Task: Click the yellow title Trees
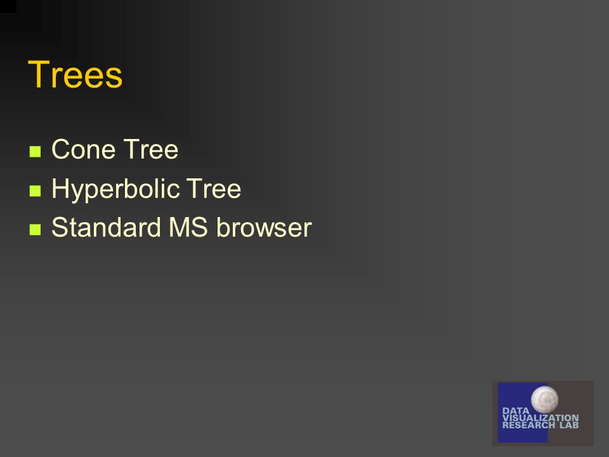(75, 74)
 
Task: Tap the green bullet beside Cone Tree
(35, 151)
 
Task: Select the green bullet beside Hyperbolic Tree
(35, 190)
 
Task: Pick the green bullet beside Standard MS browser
(35, 229)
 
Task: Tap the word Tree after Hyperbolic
(214, 189)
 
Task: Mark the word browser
(264, 227)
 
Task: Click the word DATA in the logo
(516, 411)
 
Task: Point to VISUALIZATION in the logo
(540, 418)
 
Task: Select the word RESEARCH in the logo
(528, 425)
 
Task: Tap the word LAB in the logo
(569, 425)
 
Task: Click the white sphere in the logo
(545, 399)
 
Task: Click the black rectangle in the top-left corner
(8, 6)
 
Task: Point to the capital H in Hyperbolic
(60, 188)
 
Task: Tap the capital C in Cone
(61, 149)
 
